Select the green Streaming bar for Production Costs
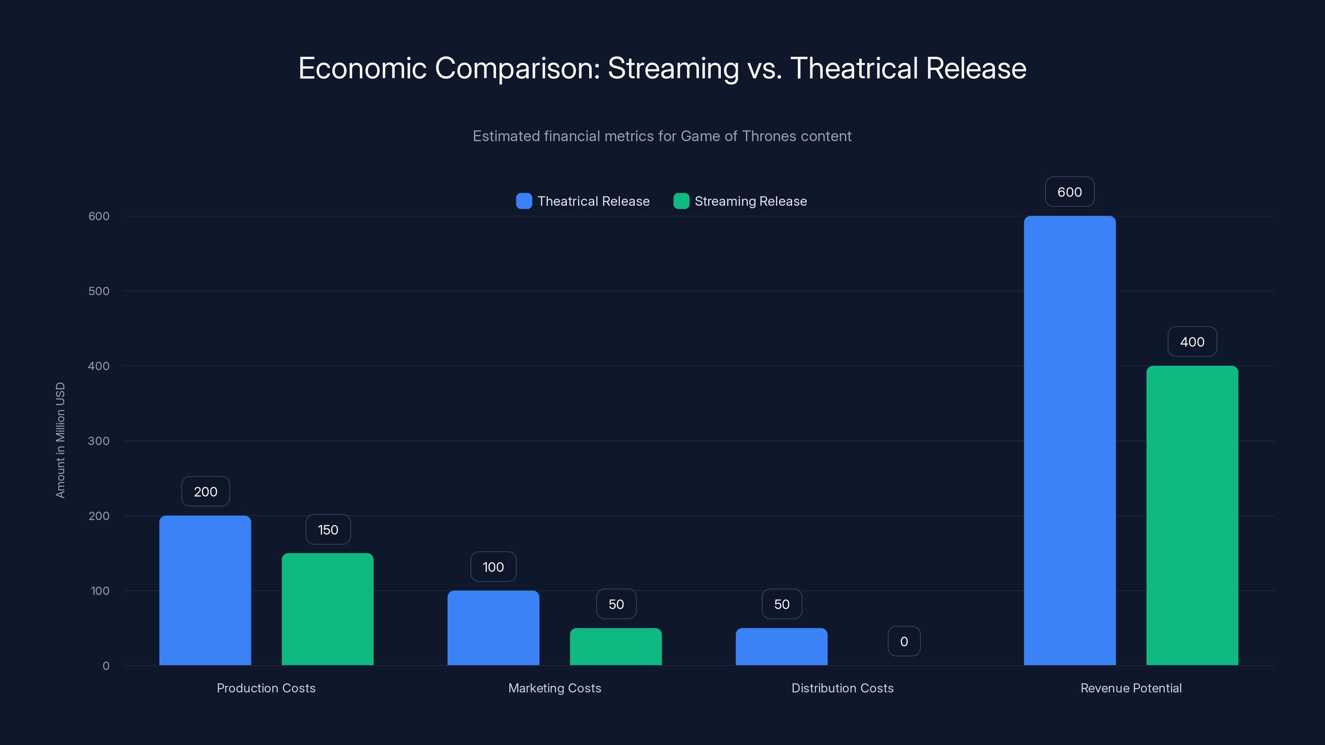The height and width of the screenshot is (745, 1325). (328, 609)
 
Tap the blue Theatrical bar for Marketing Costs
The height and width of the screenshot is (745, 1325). (493, 628)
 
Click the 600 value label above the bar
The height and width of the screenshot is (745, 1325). (1070, 192)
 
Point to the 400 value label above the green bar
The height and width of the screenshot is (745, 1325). (1192, 342)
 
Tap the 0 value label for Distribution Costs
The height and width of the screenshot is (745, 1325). (904, 641)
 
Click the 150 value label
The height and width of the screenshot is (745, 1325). (328, 530)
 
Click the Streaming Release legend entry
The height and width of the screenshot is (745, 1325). (740, 201)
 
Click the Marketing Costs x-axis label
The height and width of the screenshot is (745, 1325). (554, 688)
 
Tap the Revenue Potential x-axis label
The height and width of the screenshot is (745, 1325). (1130, 688)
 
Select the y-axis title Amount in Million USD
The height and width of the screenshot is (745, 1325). (60, 440)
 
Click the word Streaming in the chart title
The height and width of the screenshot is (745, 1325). (673, 68)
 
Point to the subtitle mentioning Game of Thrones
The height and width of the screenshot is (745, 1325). (662, 136)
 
